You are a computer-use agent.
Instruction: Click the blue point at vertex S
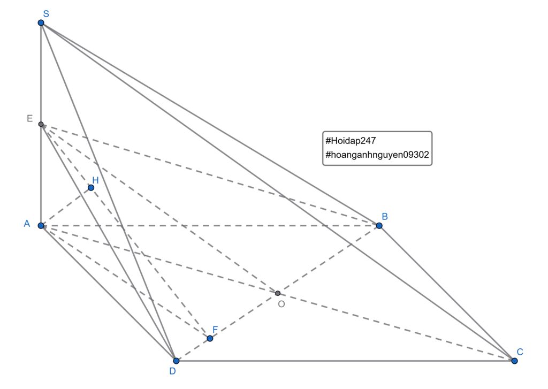(41, 22)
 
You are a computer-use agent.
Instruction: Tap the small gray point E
(41, 124)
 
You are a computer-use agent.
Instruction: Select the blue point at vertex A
(41, 225)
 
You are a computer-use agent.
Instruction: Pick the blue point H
(91, 188)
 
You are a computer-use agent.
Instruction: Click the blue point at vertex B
(379, 225)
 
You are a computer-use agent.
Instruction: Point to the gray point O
(278, 293)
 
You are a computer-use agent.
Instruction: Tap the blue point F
(210, 338)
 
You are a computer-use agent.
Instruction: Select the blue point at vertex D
(176, 361)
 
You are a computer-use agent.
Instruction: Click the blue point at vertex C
(514, 361)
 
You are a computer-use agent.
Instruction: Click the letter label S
(46, 13)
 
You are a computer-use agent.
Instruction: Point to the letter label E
(30, 118)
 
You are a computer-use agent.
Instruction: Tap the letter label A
(27, 224)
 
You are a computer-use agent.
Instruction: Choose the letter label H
(95, 180)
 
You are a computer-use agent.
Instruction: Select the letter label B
(385, 216)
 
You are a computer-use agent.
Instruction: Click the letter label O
(281, 304)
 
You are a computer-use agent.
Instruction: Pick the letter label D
(172, 370)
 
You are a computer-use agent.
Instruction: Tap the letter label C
(520, 352)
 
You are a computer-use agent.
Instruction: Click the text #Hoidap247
(351, 141)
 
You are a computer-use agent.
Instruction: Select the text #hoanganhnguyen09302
(377, 155)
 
